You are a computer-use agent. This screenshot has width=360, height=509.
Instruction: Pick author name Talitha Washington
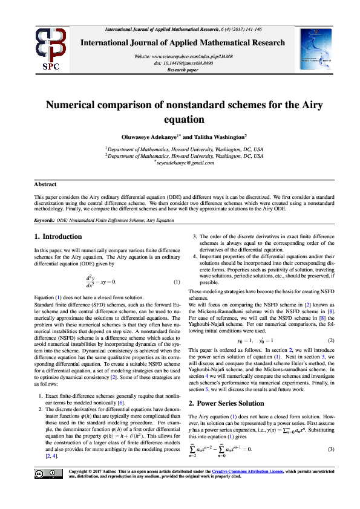coord(215,137)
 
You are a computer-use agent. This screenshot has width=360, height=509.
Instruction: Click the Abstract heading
coord(45,184)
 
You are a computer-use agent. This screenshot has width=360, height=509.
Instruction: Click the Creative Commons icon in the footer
coord(48,490)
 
